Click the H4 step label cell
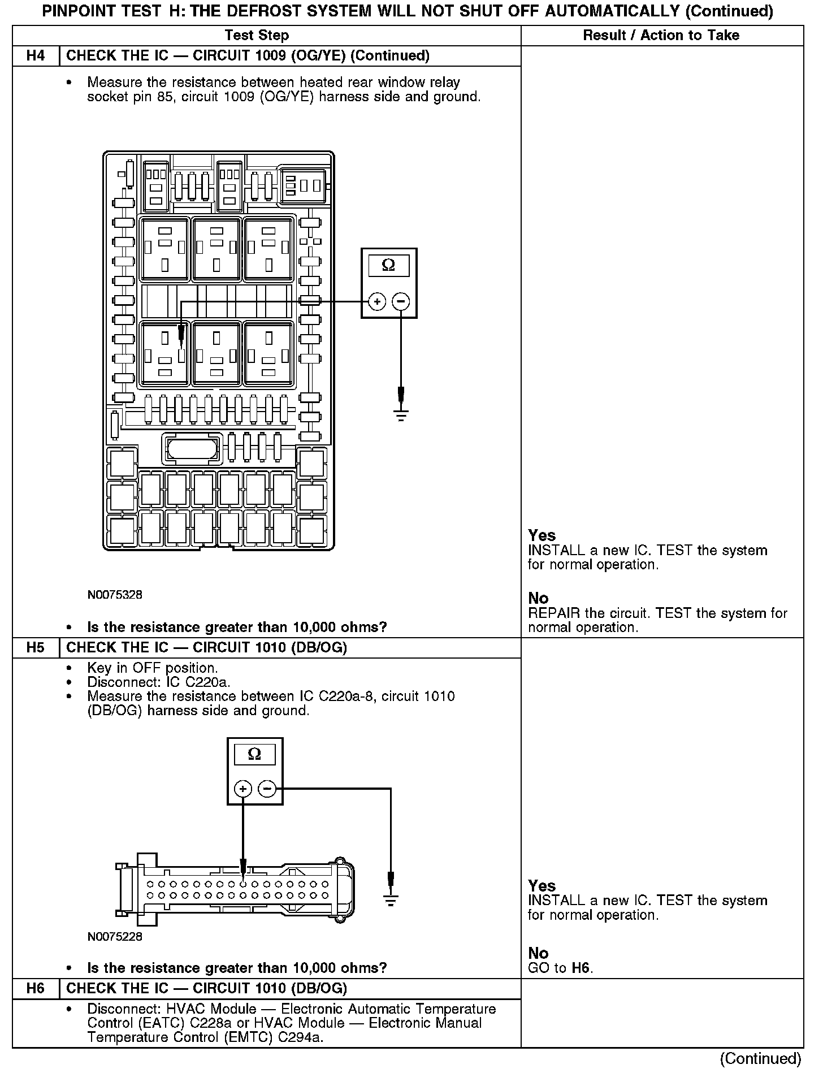tap(36, 56)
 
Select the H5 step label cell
tap(36, 647)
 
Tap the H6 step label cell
tap(36, 988)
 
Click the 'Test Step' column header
tap(257, 36)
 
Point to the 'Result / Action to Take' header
tap(661, 36)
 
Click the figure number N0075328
tap(115, 595)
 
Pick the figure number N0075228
tap(115, 936)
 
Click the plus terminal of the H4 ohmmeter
tap(377, 302)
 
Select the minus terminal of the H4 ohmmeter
tap(401, 302)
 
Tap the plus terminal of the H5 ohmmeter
tap(243, 789)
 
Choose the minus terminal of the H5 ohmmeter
tap(267, 789)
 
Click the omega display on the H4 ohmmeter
tap(389, 265)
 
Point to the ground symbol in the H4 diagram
tap(401, 417)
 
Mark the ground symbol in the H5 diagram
tap(391, 899)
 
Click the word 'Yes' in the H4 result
tap(542, 535)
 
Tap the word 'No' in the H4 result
tap(538, 598)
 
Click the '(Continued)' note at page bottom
tap(760, 1058)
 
